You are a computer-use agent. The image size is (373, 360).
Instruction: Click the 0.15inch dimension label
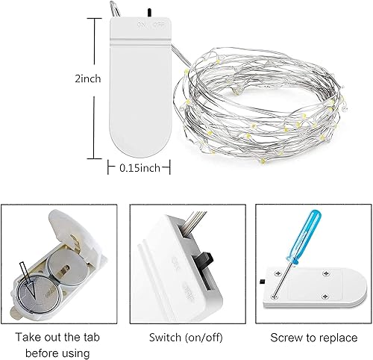[140, 168]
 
